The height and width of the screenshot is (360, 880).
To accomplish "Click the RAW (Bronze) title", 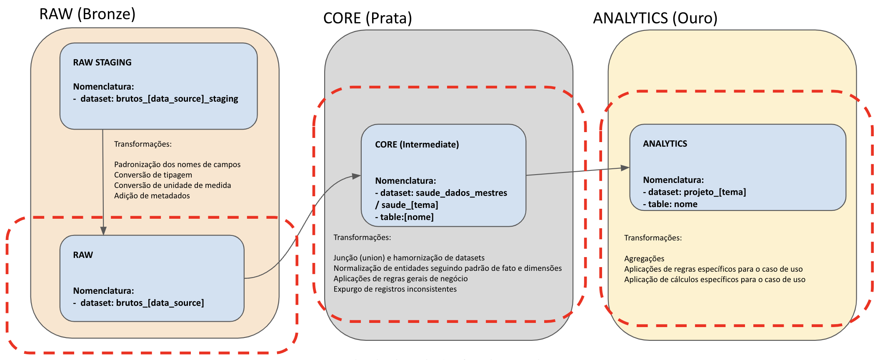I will coord(87,14).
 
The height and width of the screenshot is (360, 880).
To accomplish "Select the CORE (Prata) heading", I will coord(367,18).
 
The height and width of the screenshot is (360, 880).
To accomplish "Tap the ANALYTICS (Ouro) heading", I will coord(655,18).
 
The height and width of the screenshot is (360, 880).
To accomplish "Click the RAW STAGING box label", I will coord(102,62).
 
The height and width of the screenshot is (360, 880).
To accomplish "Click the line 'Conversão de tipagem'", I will coord(153,175).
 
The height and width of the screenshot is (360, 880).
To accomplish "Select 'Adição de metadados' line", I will coord(152,196).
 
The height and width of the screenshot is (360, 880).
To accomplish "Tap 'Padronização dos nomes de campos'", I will coord(177,165).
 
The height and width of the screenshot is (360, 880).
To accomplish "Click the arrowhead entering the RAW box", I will coord(103,231).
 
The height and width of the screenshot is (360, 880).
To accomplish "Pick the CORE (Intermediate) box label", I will coord(417,145).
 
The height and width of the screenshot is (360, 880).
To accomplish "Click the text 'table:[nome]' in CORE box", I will coord(406,217).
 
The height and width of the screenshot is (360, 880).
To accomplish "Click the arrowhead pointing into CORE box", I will coord(356,176).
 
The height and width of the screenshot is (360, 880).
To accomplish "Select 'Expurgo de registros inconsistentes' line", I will coord(395,289).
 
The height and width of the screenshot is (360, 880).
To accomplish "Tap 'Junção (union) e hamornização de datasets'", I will coord(409,258).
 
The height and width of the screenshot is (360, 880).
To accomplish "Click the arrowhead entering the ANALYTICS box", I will coord(625,168).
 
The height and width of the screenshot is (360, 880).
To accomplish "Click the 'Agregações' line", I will coord(644,259).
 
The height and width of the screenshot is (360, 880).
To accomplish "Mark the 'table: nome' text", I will coord(672,204).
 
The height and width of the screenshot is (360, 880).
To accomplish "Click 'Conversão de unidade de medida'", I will coord(172,185).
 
